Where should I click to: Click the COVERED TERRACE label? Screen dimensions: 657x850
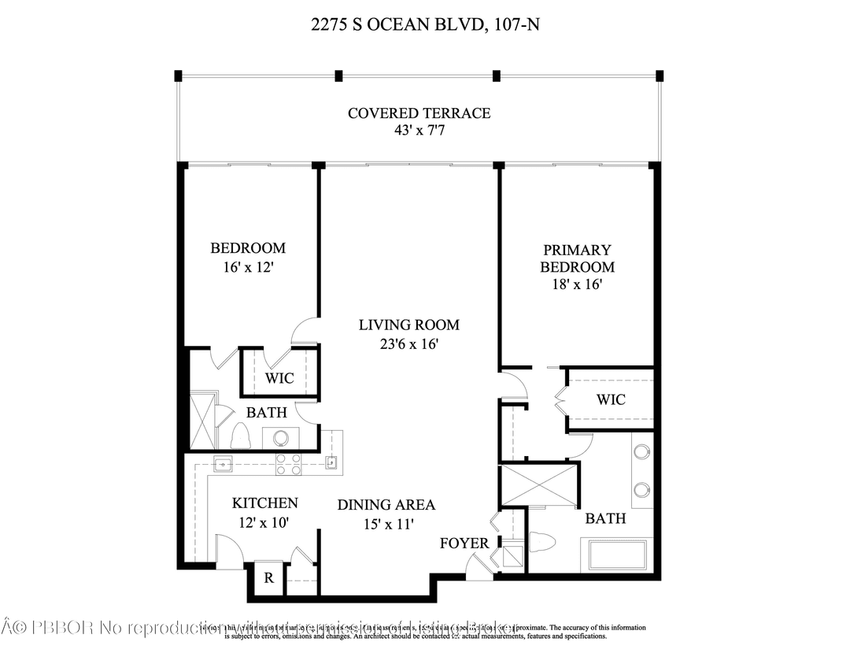(x=419, y=113)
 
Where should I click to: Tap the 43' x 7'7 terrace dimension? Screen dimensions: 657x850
(x=419, y=130)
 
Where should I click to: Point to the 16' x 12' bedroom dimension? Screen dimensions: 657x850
(x=248, y=267)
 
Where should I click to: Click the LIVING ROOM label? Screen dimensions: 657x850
(x=408, y=325)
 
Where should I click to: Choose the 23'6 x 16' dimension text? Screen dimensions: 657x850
(x=408, y=343)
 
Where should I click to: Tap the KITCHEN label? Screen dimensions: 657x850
(x=264, y=503)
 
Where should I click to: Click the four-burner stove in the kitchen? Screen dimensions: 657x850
(x=288, y=465)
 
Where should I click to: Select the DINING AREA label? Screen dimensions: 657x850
(x=386, y=505)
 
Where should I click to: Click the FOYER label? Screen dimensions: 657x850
(x=464, y=544)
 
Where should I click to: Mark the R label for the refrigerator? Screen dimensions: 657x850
(x=268, y=578)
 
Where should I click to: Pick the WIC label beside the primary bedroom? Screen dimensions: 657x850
(x=611, y=399)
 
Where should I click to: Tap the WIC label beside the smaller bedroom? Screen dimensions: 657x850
(x=279, y=378)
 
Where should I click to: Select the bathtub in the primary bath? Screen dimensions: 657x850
(x=617, y=555)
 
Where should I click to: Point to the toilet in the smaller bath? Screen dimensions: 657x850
(x=241, y=436)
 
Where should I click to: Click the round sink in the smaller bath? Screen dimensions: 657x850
(x=280, y=437)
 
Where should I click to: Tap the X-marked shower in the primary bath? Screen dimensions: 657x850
(x=539, y=484)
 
